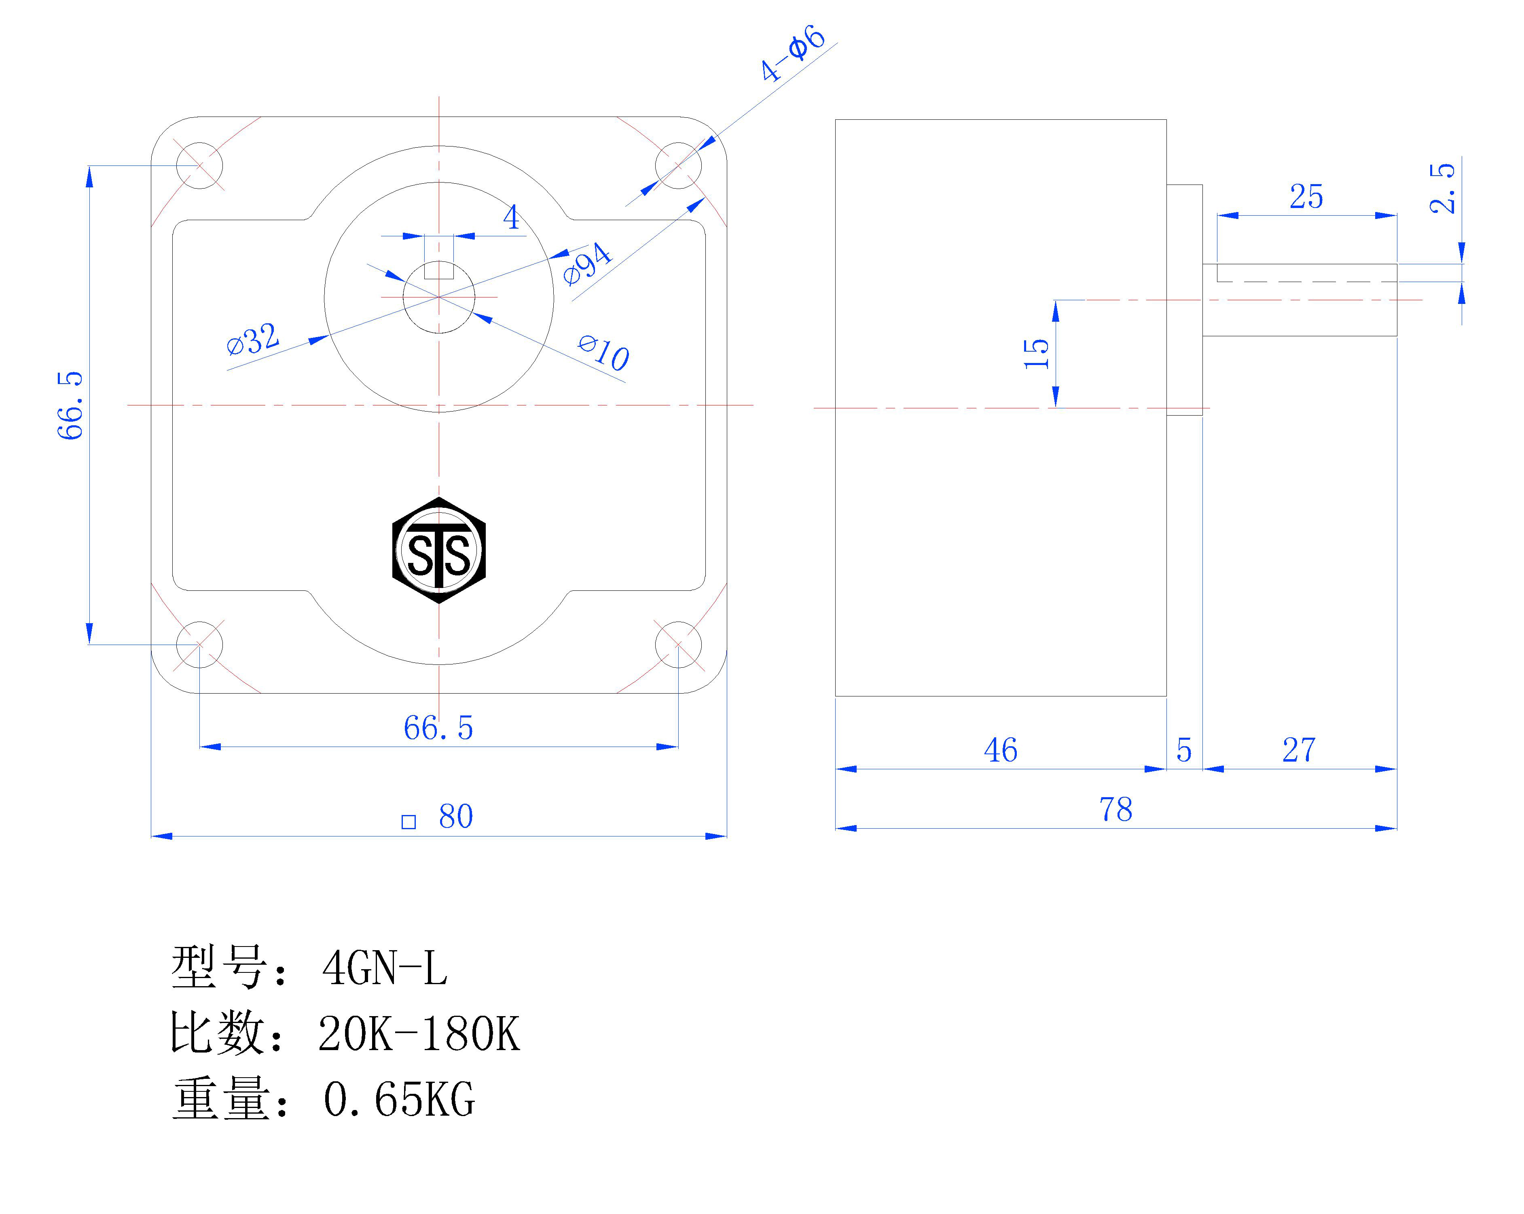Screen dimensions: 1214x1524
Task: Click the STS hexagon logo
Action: [439, 550]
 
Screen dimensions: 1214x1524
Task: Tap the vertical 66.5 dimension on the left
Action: [71, 405]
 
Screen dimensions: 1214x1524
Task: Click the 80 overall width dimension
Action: [455, 817]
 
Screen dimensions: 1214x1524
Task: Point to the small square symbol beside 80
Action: [409, 821]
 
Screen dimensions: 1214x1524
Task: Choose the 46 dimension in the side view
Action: [1000, 750]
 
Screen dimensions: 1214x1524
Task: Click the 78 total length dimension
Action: [1115, 810]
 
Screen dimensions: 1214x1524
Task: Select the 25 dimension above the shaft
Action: [1306, 197]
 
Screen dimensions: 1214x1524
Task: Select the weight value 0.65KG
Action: [399, 1099]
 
